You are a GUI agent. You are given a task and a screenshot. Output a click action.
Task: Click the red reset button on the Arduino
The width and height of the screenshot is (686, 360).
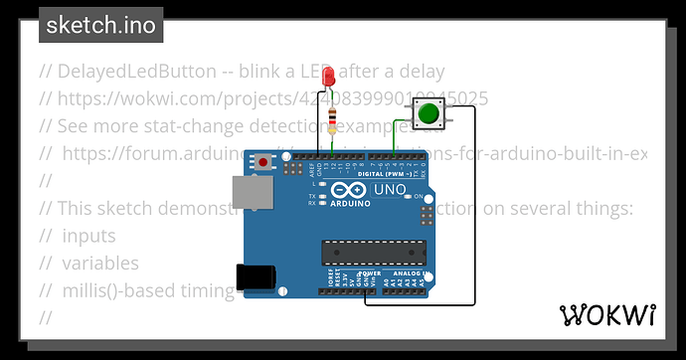(263, 161)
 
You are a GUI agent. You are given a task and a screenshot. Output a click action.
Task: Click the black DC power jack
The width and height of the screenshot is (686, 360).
(251, 276)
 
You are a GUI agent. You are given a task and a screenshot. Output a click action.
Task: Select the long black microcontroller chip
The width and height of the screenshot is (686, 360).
(372, 255)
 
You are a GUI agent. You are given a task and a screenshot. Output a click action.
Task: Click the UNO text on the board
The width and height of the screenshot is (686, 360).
(388, 190)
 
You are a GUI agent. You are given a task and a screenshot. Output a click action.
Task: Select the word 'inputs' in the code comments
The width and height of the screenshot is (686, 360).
(88, 236)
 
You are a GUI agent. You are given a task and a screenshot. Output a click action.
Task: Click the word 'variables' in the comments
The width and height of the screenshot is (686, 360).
(100, 263)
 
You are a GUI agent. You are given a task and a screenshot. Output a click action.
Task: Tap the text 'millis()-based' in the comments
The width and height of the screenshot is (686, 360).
(118, 290)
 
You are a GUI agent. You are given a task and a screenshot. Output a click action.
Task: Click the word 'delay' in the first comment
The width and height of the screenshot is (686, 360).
(420, 72)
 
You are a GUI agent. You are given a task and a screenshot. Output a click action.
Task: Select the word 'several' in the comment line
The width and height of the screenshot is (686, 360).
(521, 208)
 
